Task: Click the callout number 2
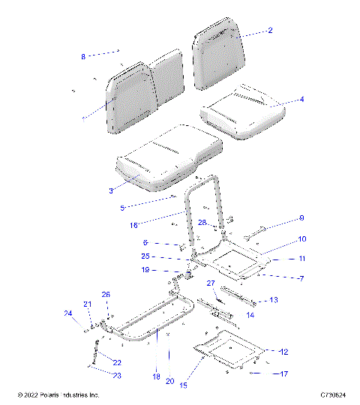click(270, 31)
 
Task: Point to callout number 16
click(135, 224)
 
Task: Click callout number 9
click(301, 219)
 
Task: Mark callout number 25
click(147, 256)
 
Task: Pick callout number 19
click(146, 270)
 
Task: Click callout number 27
click(211, 283)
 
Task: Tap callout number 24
click(67, 313)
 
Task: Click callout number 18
click(156, 376)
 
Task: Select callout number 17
click(283, 373)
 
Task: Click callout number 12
click(283, 351)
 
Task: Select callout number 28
click(202, 223)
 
